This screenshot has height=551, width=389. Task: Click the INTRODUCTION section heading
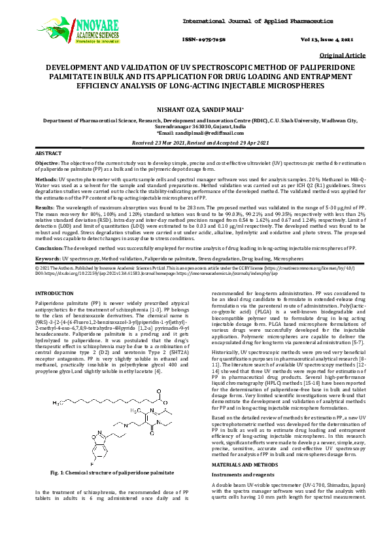[x=54, y=293]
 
